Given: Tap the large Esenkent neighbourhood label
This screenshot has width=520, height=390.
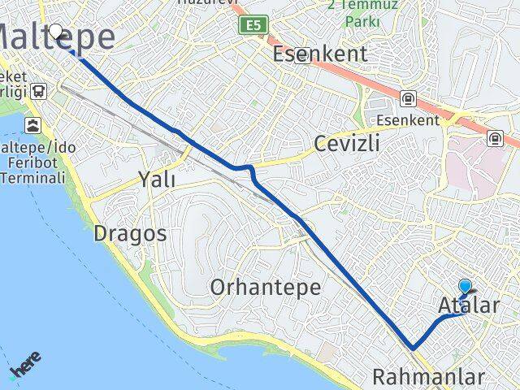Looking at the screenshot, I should [320, 54].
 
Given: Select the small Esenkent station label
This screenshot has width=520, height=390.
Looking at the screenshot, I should [408, 120].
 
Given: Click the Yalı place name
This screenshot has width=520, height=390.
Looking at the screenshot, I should [156, 180].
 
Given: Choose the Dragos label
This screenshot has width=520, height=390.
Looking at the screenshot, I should [130, 234].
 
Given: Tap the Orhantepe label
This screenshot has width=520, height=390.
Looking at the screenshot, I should [265, 287].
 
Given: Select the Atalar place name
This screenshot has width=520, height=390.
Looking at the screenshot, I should [469, 306].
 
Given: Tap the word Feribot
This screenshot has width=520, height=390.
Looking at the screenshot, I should [24, 162].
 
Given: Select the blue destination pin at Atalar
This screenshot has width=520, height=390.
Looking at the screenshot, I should [465, 287].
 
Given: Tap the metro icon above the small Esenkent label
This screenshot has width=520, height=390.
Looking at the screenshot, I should [407, 99].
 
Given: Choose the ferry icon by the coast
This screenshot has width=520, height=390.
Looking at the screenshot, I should [32, 125].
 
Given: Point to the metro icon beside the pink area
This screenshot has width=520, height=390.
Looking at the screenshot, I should [495, 138].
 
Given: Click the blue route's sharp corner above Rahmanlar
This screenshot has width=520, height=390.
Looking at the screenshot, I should [413, 349].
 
